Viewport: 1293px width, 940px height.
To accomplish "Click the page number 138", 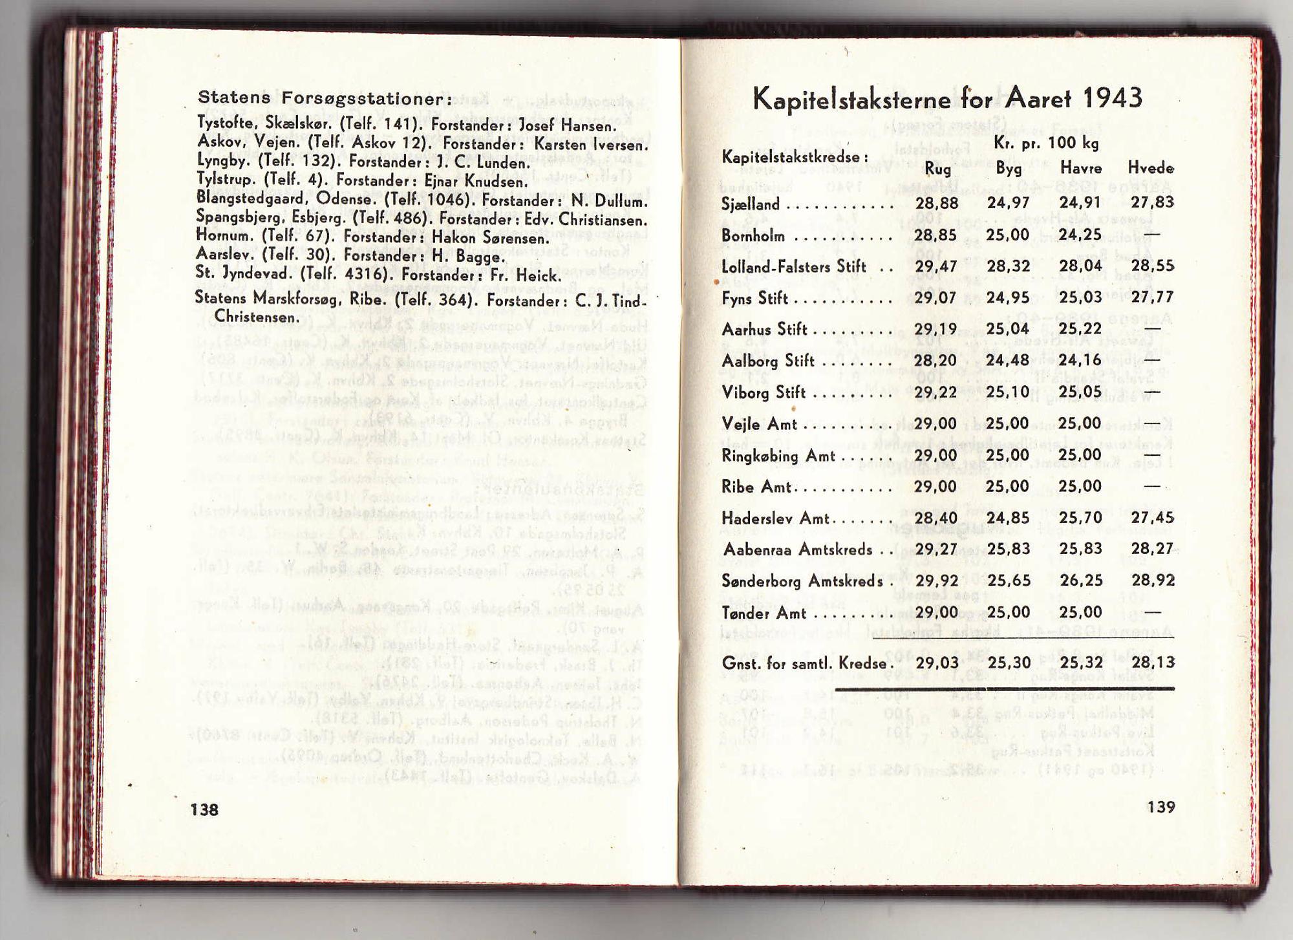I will (204, 809).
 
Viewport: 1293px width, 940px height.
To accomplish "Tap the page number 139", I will (1161, 807).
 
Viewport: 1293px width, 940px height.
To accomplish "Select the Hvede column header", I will (1151, 168).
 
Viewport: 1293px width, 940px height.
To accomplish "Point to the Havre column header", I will (1080, 168).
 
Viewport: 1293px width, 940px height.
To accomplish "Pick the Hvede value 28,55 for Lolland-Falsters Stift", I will (1153, 266).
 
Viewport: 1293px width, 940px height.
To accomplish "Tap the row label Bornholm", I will (753, 236).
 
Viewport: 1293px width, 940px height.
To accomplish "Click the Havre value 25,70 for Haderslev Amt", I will (1080, 518).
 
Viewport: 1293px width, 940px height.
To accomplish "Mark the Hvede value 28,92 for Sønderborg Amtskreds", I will (1153, 581).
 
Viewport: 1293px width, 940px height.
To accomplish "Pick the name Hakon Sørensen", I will (489, 238).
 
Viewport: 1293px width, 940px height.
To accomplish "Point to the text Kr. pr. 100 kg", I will (1045, 143).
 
